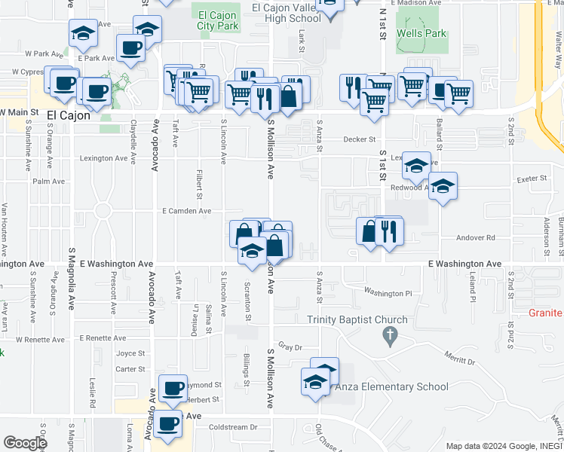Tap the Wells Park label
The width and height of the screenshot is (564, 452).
422,34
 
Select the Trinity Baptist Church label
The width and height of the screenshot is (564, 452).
357,319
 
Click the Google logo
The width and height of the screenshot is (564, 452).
25,442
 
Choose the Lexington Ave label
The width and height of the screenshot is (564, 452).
104,158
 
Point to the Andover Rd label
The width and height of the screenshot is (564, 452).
475,237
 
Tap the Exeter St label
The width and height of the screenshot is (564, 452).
532,179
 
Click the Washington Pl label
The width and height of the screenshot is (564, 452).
388,292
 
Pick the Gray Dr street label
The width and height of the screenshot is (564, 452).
290,347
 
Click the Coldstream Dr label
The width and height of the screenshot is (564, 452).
233,427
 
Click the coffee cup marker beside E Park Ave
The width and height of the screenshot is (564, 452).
130,50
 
